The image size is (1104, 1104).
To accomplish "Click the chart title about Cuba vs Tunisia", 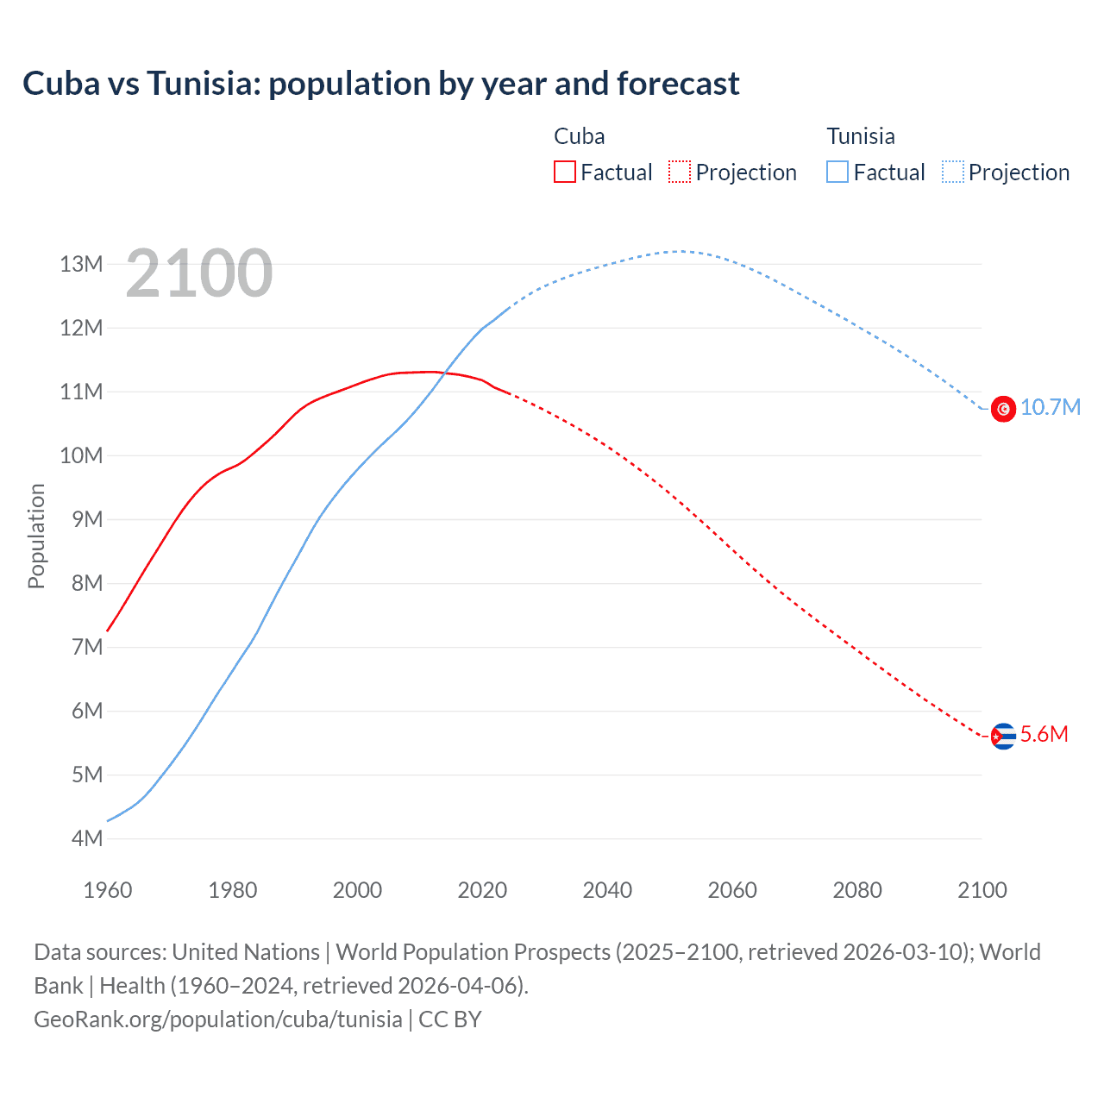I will click(x=380, y=84).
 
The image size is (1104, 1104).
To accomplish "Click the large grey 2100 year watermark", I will click(x=199, y=273).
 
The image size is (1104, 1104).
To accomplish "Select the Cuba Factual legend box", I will click(x=564, y=172).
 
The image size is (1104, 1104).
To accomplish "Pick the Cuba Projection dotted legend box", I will click(x=679, y=172).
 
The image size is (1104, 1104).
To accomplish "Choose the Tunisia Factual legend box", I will click(x=837, y=172).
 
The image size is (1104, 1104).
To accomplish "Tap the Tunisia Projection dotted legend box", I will click(x=952, y=172).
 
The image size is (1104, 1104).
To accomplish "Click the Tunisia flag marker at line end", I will click(x=1003, y=409).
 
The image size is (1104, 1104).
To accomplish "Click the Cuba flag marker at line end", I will click(x=1003, y=736).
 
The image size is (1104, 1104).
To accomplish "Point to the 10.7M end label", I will click(x=1051, y=407).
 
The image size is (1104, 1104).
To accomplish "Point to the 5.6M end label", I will click(x=1044, y=734).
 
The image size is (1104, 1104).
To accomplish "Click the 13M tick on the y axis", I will click(x=81, y=264).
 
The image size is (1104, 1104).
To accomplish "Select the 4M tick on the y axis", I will click(x=87, y=838).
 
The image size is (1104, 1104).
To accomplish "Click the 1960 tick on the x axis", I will click(x=108, y=890).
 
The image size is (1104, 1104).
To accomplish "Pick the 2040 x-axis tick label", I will click(x=607, y=890).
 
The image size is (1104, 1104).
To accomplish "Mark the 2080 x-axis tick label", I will click(x=857, y=890).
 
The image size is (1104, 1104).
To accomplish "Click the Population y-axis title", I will click(x=36, y=536).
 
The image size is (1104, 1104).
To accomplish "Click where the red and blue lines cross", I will click(x=444, y=373).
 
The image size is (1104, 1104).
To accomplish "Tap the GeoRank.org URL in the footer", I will click(x=218, y=1019).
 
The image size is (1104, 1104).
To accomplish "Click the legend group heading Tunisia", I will click(x=861, y=136).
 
